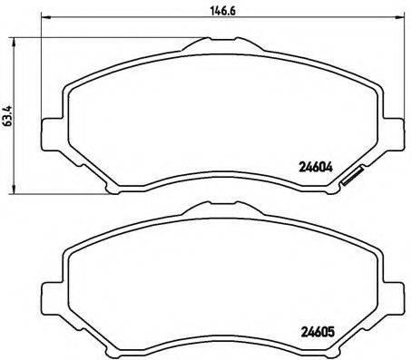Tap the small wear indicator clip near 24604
tap(351, 180)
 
